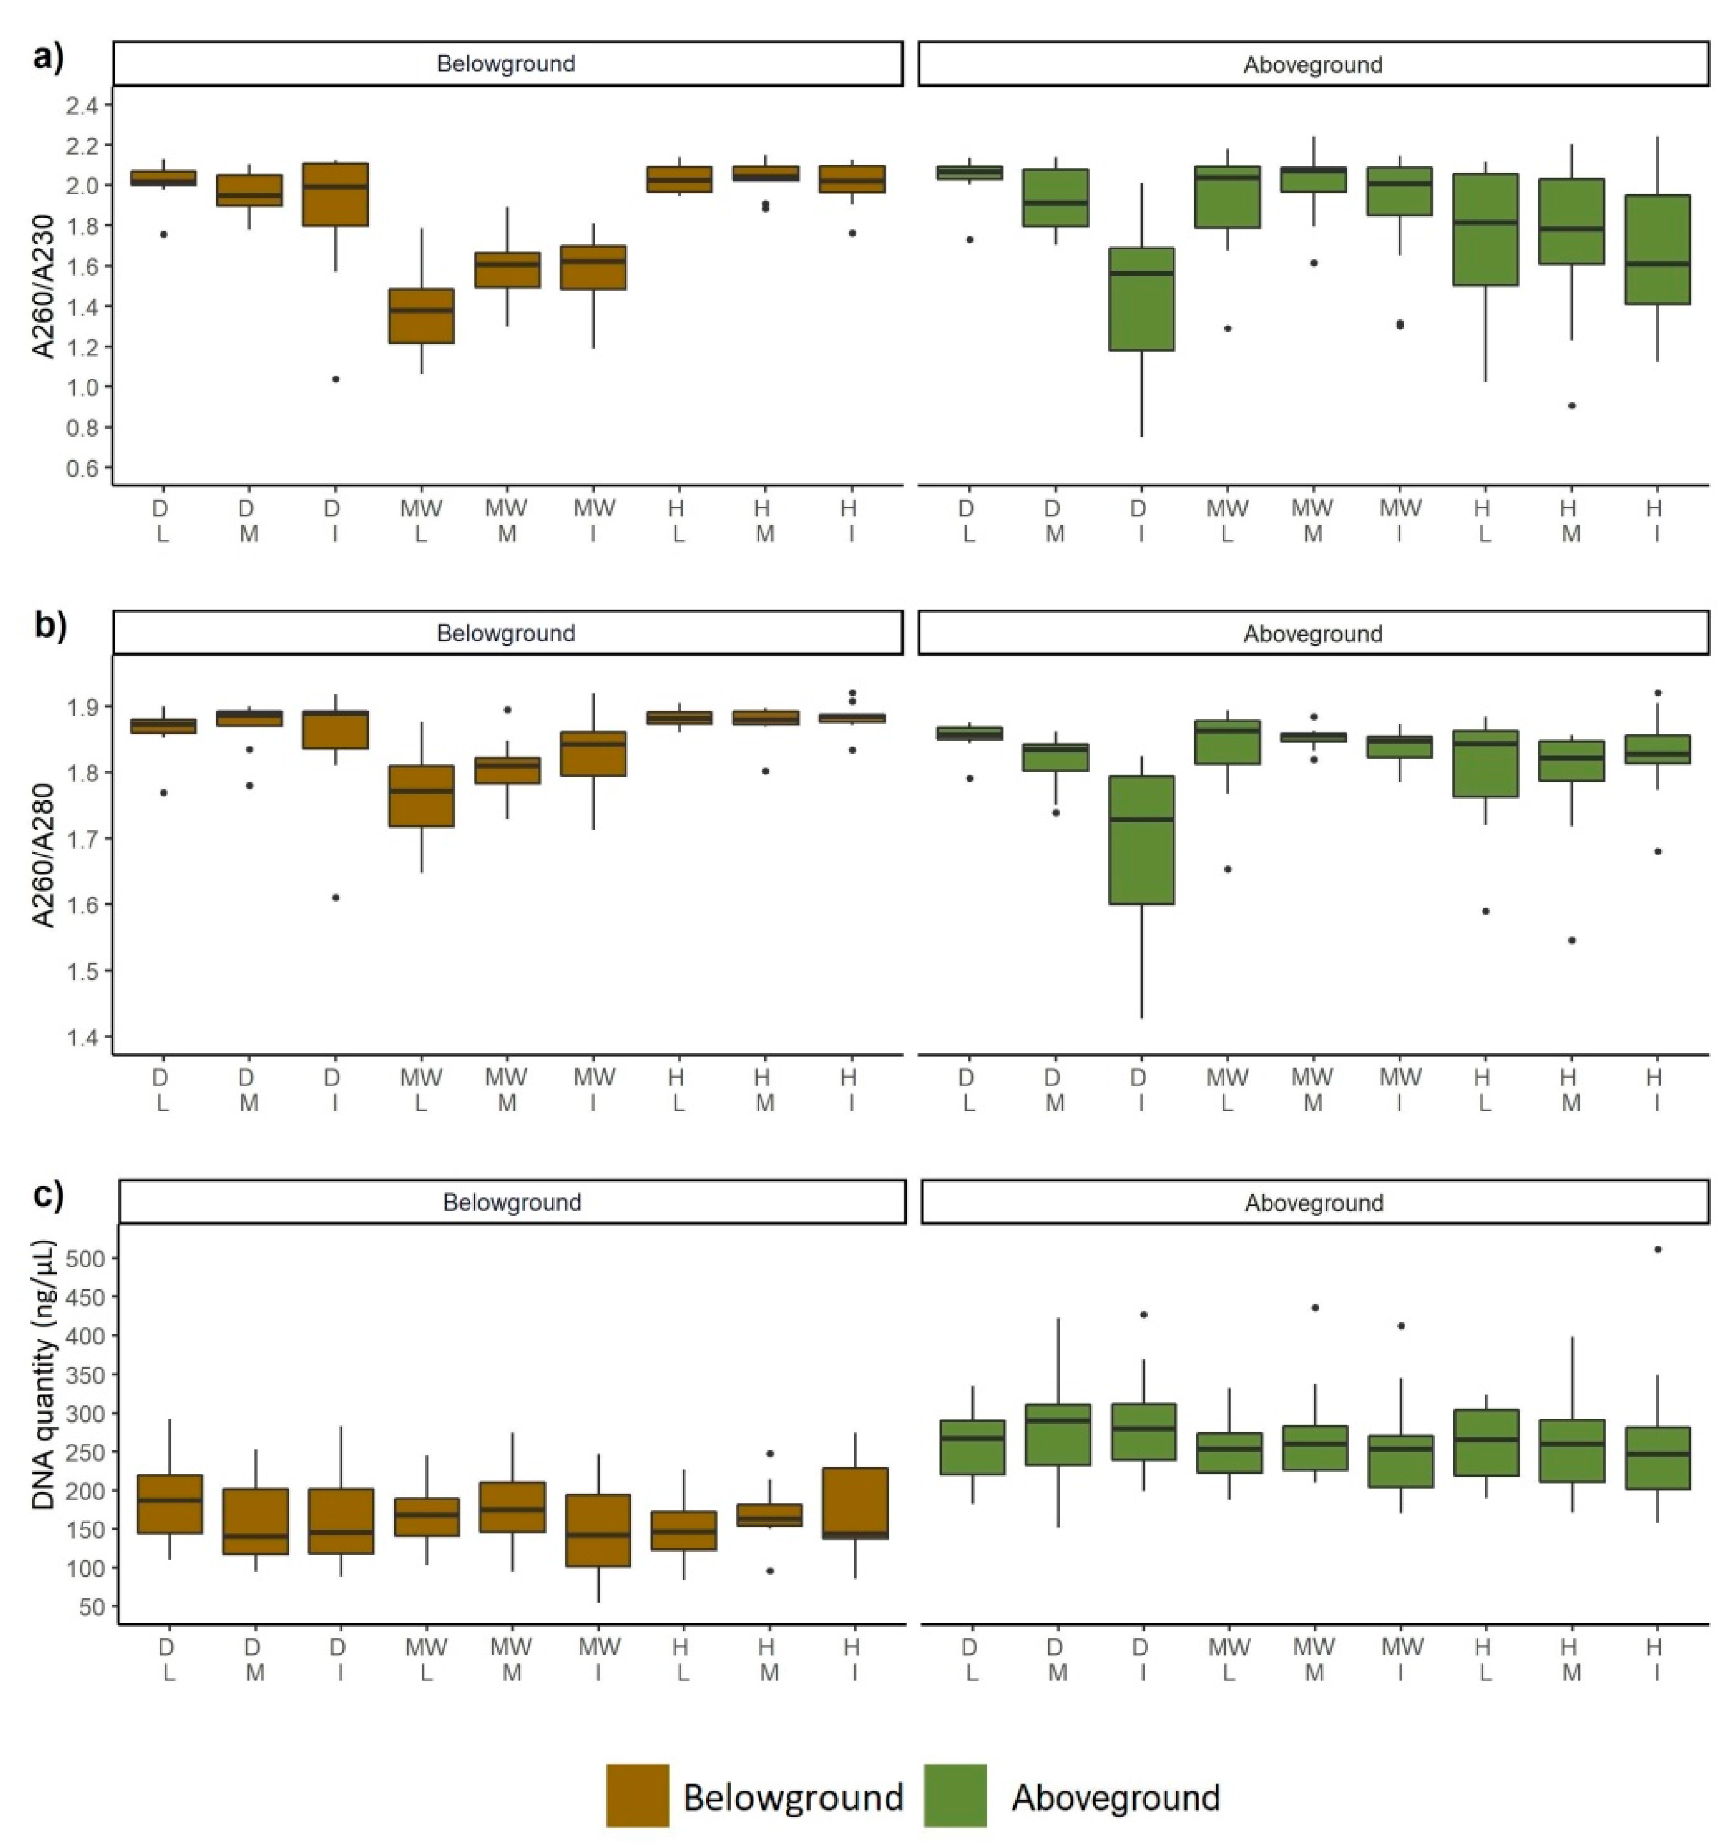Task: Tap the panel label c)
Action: point(48,1194)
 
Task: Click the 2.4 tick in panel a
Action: point(82,105)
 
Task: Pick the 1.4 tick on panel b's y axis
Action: point(82,1037)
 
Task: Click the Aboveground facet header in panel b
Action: point(1313,633)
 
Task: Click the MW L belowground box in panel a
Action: point(421,316)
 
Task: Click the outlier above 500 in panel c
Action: point(1658,1250)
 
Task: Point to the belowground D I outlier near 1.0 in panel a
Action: point(335,379)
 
